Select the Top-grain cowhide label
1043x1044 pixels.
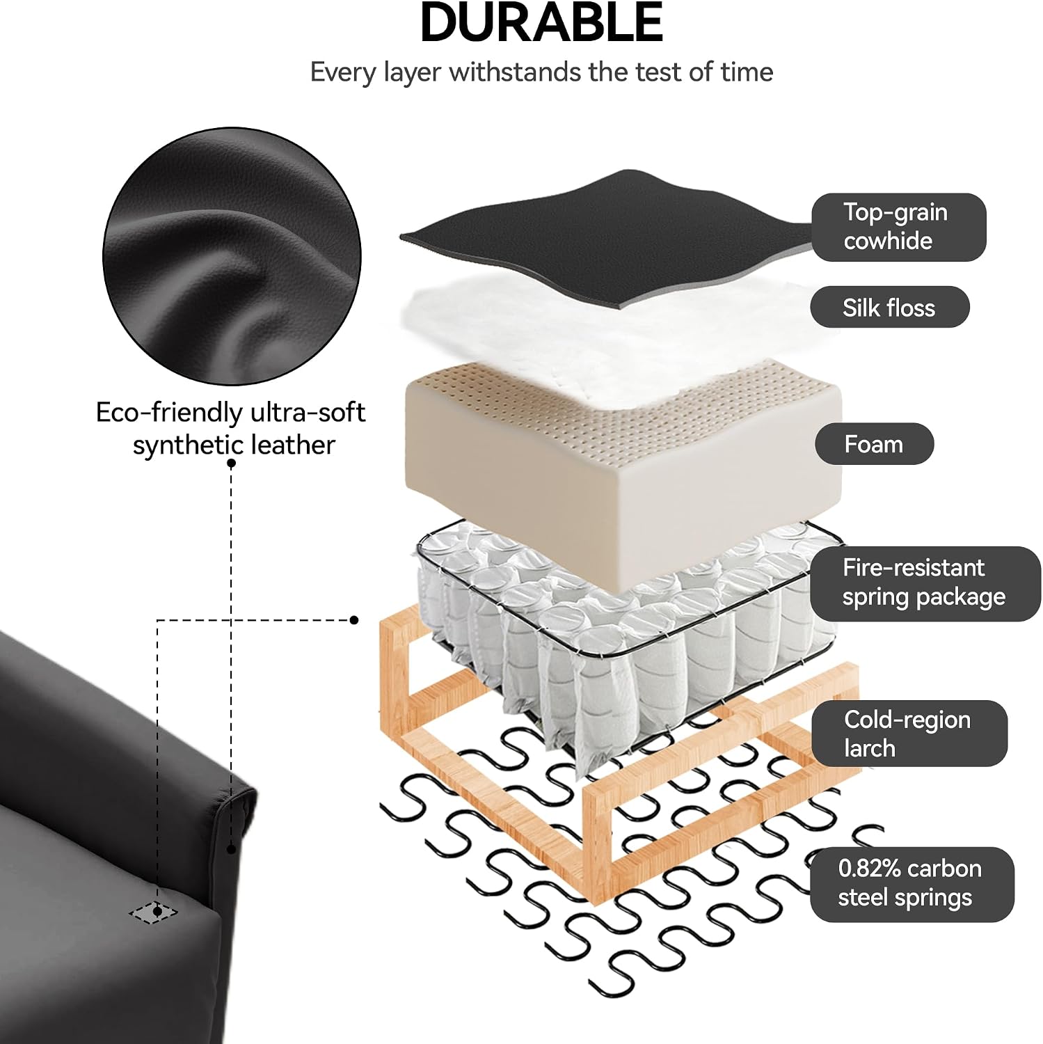click(899, 227)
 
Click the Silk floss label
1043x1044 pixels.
click(889, 307)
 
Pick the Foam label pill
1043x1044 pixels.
click(874, 444)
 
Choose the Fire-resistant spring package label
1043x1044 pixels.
click(925, 583)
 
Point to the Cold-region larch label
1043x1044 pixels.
click(909, 734)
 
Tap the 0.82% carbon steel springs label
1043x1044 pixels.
click(911, 884)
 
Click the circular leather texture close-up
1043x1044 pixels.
click(232, 256)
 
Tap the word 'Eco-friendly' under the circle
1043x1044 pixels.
click(168, 413)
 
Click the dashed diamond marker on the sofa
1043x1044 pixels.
click(153, 912)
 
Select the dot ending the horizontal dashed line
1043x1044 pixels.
click(354, 619)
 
